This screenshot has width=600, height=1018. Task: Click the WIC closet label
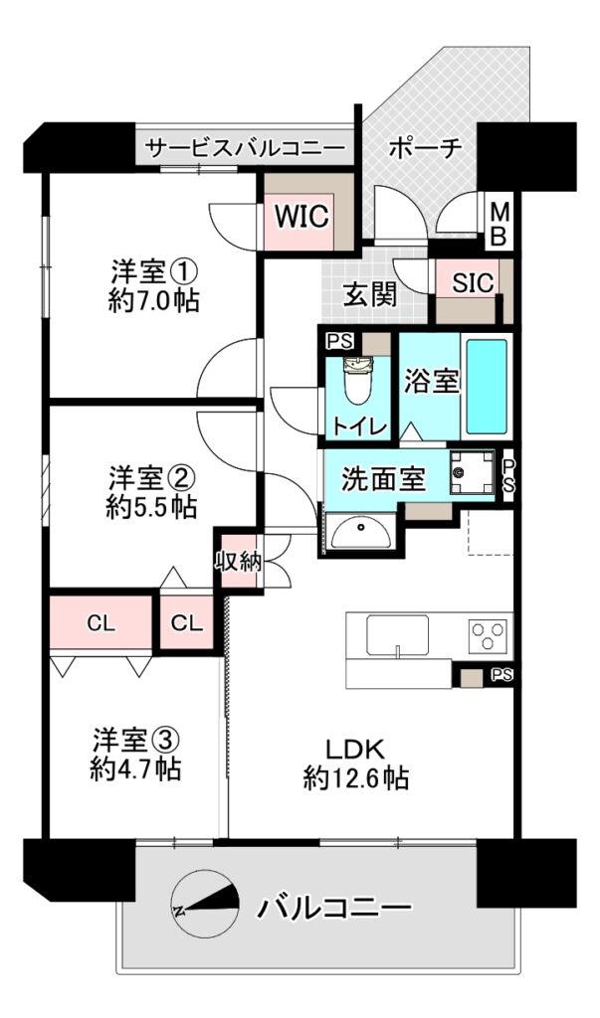click(x=300, y=216)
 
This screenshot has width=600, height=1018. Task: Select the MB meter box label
click(x=499, y=224)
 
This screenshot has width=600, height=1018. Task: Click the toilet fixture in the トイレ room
click(x=356, y=382)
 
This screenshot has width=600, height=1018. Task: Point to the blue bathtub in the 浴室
click(x=487, y=389)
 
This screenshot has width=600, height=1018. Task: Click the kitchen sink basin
click(x=397, y=635)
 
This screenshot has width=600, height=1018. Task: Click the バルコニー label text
click(x=335, y=907)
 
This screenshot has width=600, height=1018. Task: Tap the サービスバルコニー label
click(x=245, y=149)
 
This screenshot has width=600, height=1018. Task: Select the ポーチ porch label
click(x=426, y=149)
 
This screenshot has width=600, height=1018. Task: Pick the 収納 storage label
click(x=239, y=561)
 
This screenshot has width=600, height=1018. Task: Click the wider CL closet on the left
click(x=100, y=624)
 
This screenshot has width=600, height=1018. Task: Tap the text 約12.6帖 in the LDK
click(x=355, y=777)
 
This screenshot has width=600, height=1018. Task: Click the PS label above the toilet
click(x=336, y=342)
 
